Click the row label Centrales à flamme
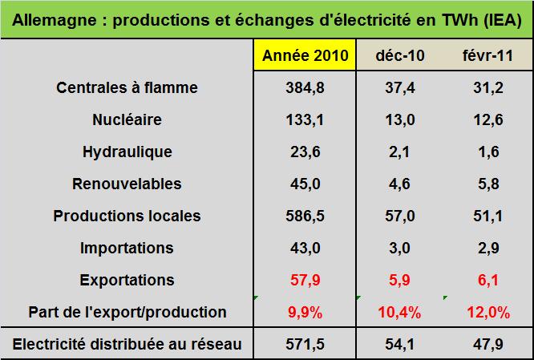tap(127, 87)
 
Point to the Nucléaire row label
tap(127, 119)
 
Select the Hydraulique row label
tap(127, 152)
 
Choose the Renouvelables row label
tap(127, 184)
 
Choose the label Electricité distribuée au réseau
tap(127, 345)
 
